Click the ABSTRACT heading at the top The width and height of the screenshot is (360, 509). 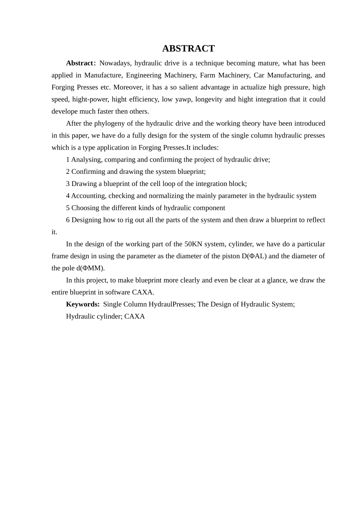tap(188, 48)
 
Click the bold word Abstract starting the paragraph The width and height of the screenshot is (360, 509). tap(80, 63)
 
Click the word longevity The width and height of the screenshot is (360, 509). tap(208, 99)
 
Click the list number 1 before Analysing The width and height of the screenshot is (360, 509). tap(68, 160)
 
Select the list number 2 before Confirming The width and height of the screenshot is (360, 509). tap(68, 172)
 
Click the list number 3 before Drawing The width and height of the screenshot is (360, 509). tap(68, 184)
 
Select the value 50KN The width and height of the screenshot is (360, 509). tap(193, 244)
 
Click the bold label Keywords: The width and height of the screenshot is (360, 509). tap(83, 304)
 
